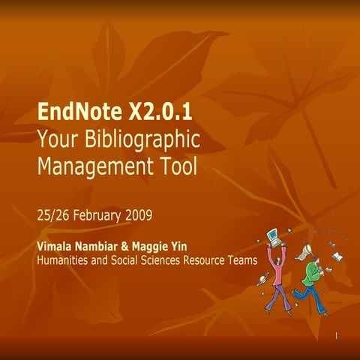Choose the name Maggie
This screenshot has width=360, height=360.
coord(169,247)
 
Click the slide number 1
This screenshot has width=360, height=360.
coord(337,335)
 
